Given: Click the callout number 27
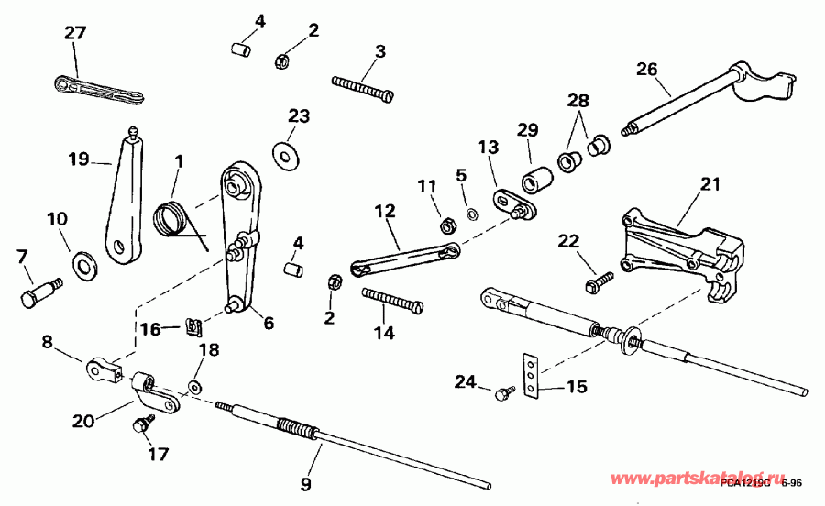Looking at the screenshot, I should [74, 33].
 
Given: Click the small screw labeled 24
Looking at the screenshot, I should [502, 394].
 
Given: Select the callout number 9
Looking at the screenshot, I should [306, 483].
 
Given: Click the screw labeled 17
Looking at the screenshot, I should [142, 425].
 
